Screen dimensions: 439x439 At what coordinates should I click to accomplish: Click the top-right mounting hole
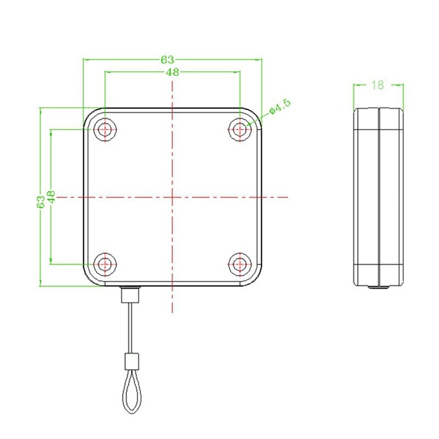click(x=239, y=130)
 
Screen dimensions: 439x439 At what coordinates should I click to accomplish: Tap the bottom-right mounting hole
click(x=239, y=264)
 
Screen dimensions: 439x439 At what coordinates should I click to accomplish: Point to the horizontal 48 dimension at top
click(x=171, y=72)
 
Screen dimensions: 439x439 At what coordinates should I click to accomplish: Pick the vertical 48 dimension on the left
click(x=51, y=197)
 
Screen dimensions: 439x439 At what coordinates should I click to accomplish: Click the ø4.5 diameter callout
click(x=279, y=108)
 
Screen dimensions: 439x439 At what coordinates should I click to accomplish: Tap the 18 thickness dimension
click(x=378, y=85)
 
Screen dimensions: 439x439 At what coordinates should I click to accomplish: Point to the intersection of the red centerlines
click(x=172, y=196)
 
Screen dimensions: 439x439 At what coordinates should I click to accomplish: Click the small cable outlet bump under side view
click(x=378, y=287)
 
